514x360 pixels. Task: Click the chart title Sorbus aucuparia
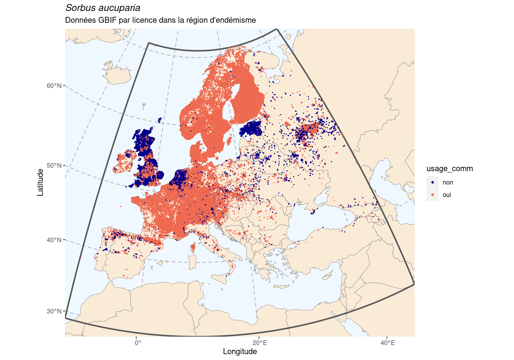pyautogui.click(x=103, y=8)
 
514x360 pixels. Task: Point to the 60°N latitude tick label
pyautogui.click(x=54, y=86)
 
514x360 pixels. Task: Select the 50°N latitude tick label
pyautogui.click(x=54, y=165)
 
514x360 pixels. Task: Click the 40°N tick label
pyautogui.click(x=54, y=240)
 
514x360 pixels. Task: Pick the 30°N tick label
pyautogui.click(x=54, y=311)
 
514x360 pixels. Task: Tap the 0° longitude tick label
pyautogui.click(x=138, y=343)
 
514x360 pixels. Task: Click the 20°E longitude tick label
pyautogui.click(x=259, y=343)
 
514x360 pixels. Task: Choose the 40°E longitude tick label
pyautogui.click(x=387, y=343)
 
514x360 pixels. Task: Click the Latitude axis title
pyautogui.click(x=40, y=182)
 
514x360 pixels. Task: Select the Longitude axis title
pyautogui.click(x=240, y=352)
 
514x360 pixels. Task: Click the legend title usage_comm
pyautogui.click(x=449, y=169)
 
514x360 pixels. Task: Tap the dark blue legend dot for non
pyautogui.click(x=433, y=182)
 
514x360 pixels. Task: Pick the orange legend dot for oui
pyautogui.click(x=433, y=195)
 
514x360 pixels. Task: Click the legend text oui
pyautogui.click(x=447, y=195)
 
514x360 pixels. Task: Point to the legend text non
pyautogui.click(x=448, y=182)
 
